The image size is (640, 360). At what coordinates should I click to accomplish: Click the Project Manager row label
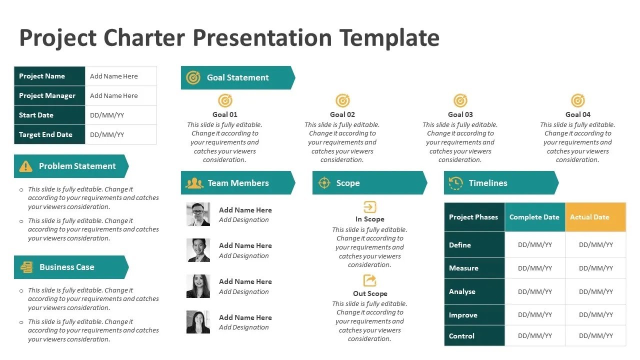47,95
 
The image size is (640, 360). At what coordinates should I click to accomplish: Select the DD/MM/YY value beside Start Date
107,115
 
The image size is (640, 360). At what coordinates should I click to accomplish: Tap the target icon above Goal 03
460,101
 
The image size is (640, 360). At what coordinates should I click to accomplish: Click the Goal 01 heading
225,114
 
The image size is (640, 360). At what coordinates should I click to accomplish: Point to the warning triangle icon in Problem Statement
25,166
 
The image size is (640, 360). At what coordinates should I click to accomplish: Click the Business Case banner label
66,267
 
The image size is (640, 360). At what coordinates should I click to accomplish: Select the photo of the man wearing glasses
198,214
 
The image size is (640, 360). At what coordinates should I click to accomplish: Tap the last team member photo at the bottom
198,322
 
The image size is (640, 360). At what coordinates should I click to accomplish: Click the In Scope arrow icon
369,207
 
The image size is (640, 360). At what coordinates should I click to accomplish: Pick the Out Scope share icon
369,280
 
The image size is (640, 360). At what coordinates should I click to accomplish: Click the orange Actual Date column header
595,217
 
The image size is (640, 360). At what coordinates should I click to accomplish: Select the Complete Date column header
534,217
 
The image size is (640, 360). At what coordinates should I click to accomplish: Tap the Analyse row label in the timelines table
462,291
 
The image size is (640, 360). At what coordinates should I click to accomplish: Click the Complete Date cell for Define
535,245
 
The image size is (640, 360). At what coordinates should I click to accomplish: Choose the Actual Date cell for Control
595,336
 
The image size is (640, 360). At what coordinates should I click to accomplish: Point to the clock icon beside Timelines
455,183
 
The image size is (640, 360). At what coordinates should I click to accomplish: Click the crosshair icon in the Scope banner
324,183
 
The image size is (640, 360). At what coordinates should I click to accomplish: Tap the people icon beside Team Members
194,183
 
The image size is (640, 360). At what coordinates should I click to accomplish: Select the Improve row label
463,315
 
